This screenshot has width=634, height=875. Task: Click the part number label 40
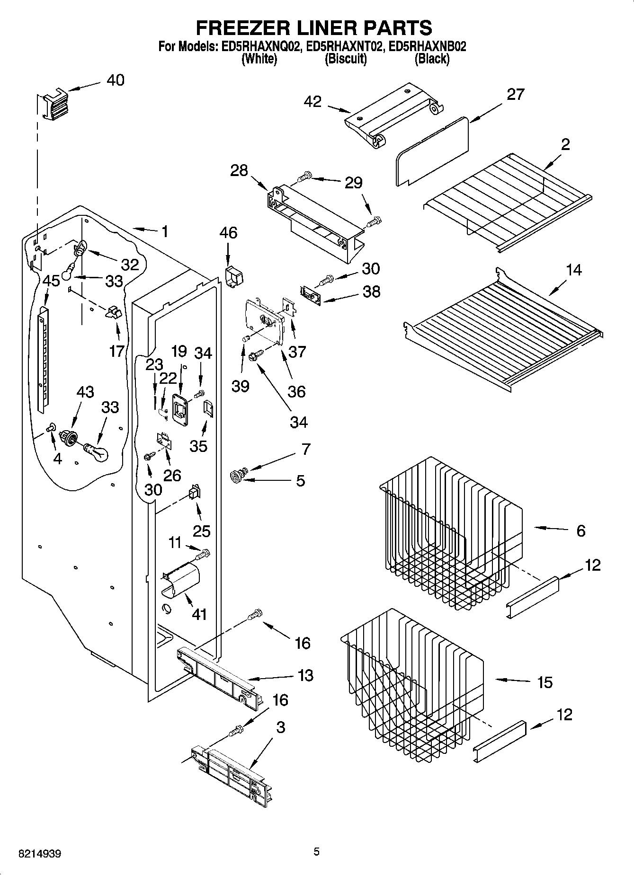tap(115, 80)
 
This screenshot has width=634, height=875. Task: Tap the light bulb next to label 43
tap(97, 451)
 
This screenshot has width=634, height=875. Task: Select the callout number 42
tap(313, 101)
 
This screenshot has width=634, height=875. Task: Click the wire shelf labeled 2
tap(507, 199)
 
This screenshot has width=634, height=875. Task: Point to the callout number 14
tap(573, 270)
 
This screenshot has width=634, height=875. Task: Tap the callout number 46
tap(228, 233)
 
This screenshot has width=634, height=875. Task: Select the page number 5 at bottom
tap(317, 852)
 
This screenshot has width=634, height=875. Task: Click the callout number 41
tap(199, 614)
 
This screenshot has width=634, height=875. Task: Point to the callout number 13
tap(306, 675)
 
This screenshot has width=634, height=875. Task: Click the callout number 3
tap(280, 727)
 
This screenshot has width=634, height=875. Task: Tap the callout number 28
tap(239, 170)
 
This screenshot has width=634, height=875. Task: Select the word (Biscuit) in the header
tap(346, 59)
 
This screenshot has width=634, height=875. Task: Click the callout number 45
tap(51, 281)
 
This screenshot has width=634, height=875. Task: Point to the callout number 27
tap(515, 94)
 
